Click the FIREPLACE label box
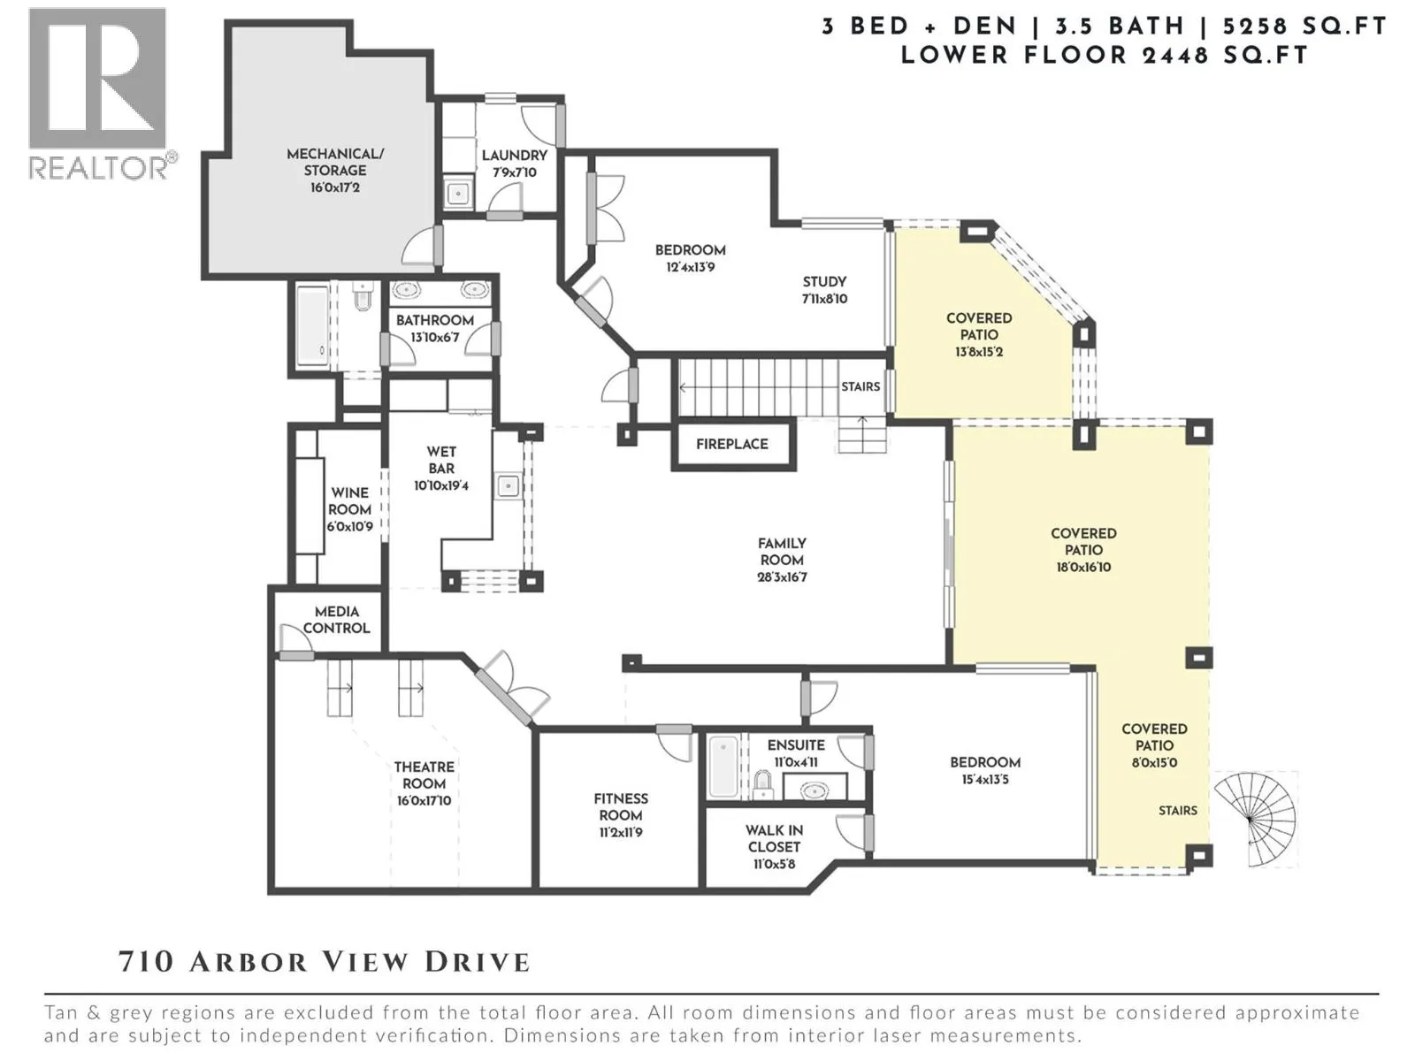[x=733, y=445]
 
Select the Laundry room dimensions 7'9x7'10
[x=515, y=172]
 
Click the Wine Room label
[x=350, y=501]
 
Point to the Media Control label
[x=337, y=620]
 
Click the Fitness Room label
[x=621, y=807]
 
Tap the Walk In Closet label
[x=774, y=839]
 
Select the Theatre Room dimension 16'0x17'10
[x=424, y=801]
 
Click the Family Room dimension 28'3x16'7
[x=782, y=577]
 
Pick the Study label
[x=824, y=281]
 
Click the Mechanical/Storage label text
[x=335, y=163]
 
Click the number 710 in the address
[x=146, y=963]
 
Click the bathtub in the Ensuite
[x=723, y=767]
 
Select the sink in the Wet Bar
[x=509, y=485]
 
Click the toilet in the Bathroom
[x=364, y=296]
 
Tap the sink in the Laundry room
[x=458, y=193]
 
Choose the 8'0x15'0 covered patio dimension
[x=1154, y=763]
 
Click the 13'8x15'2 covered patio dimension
[x=979, y=352]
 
